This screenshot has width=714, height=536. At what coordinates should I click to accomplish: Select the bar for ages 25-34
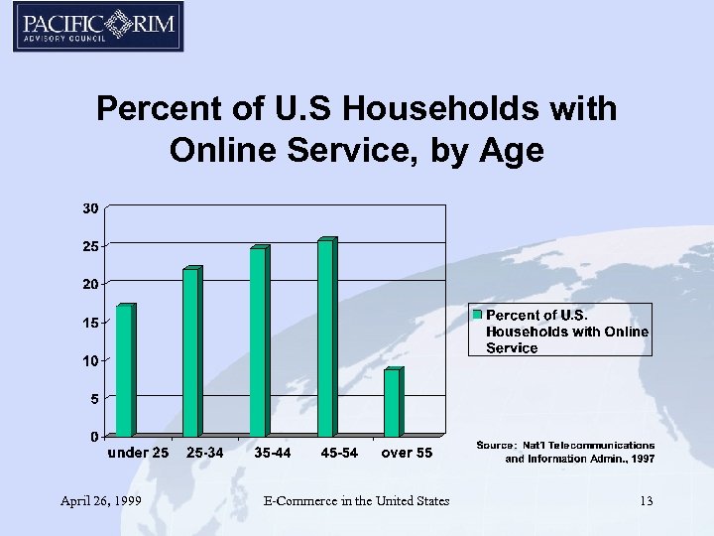click(191, 352)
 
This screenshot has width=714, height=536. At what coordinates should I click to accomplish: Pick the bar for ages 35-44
click(258, 341)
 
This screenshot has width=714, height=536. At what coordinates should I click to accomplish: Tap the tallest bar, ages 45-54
click(325, 337)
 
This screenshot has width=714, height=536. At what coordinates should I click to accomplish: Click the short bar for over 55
click(392, 402)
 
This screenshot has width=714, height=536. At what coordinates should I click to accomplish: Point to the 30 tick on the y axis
click(89, 208)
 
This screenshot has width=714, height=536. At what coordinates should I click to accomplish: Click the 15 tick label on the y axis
click(89, 323)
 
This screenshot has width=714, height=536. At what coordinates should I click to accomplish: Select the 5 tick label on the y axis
click(92, 399)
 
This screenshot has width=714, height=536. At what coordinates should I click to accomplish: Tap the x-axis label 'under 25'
click(138, 454)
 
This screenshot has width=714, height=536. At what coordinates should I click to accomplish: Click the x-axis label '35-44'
click(273, 454)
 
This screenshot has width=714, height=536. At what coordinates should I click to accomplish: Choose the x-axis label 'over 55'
click(408, 454)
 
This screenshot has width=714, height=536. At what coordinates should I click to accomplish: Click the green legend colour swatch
click(477, 315)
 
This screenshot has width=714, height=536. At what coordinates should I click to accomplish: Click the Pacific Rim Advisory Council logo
click(98, 27)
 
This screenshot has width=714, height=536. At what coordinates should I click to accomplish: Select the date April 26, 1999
click(99, 501)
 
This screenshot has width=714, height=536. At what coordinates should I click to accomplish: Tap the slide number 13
click(646, 501)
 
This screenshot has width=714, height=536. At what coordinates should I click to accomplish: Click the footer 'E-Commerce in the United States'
click(357, 501)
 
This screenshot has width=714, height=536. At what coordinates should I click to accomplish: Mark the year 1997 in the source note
click(642, 460)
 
